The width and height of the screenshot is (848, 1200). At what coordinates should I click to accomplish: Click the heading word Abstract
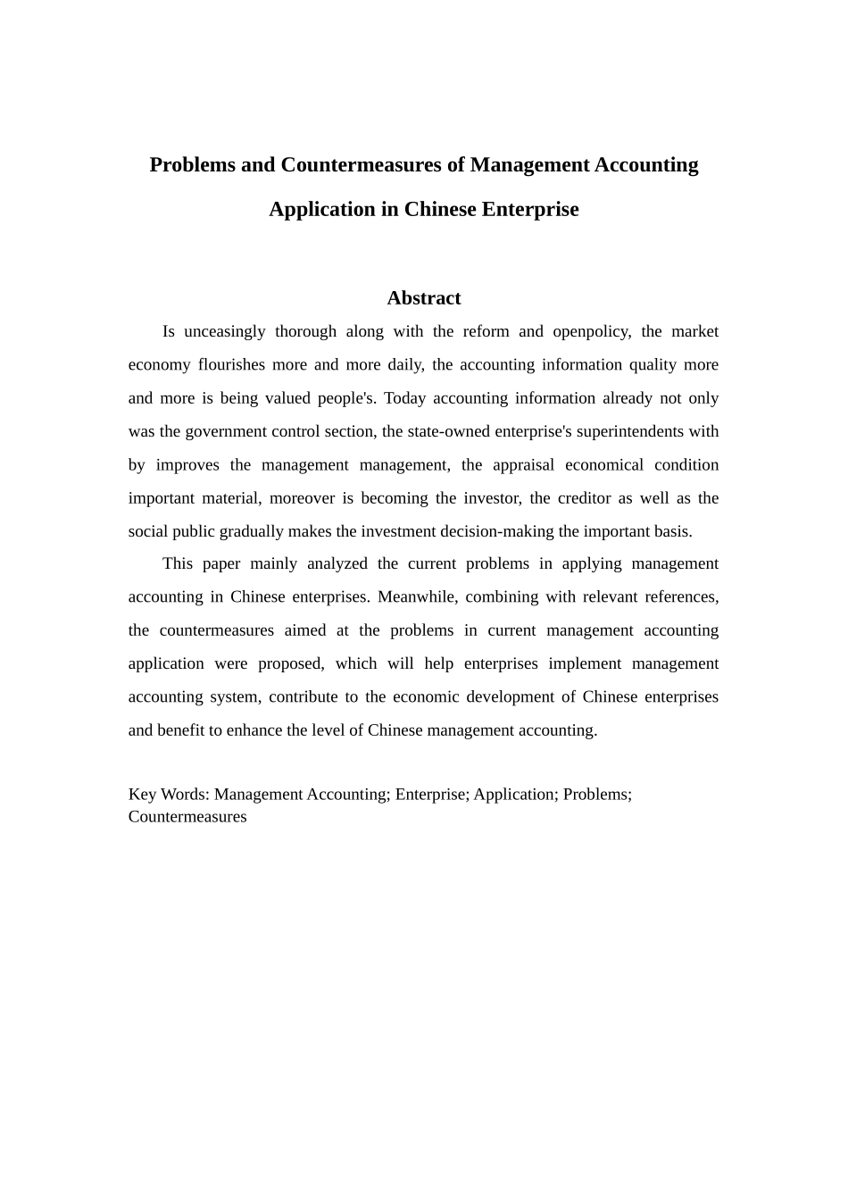424,298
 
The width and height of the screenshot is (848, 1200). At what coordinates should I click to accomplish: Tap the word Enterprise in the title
530,210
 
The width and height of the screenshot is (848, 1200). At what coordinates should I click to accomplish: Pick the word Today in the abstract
404,398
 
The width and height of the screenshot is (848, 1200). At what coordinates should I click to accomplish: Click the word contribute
303,697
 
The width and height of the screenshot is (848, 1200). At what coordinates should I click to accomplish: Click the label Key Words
168,795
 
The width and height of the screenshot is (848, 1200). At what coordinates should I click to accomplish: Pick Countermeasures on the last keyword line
187,817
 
